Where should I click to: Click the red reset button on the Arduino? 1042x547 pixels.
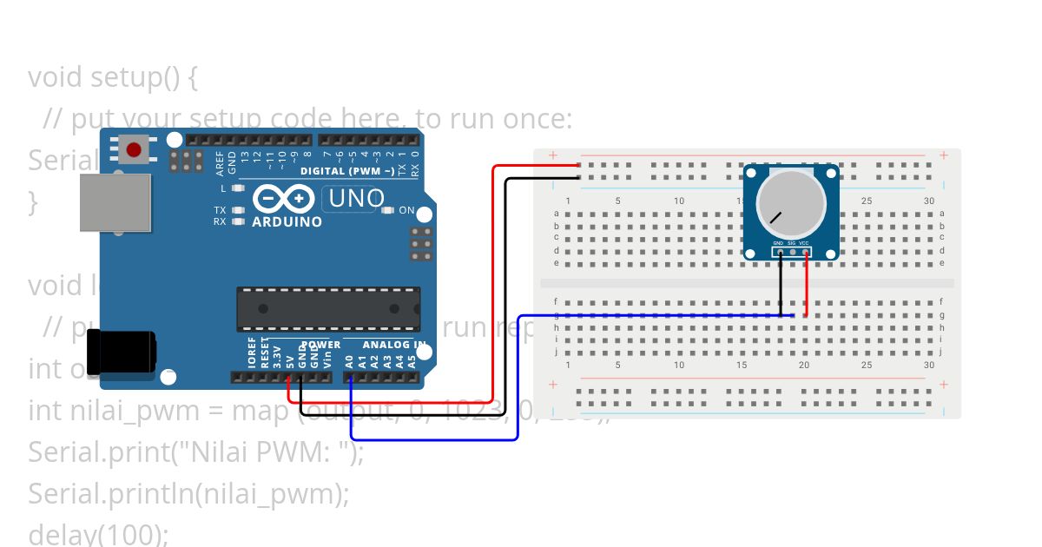click(134, 150)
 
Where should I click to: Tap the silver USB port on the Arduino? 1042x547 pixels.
click(115, 202)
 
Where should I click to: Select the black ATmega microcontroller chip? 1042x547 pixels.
click(328, 309)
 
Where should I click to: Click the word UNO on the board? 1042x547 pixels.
click(356, 199)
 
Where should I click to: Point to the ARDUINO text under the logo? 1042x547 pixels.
click(287, 222)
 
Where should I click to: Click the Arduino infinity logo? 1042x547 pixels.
click(283, 200)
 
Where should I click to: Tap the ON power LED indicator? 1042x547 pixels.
click(388, 210)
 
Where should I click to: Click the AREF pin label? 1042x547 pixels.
click(221, 161)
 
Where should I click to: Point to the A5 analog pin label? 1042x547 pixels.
click(412, 360)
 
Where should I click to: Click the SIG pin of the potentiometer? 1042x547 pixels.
click(792, 253)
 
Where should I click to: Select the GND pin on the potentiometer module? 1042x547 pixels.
click(780, 253)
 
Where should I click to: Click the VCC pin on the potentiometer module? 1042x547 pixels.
click(805, 253)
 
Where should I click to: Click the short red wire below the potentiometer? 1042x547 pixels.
click(807, 287)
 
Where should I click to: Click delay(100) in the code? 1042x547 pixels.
click(97, 533)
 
